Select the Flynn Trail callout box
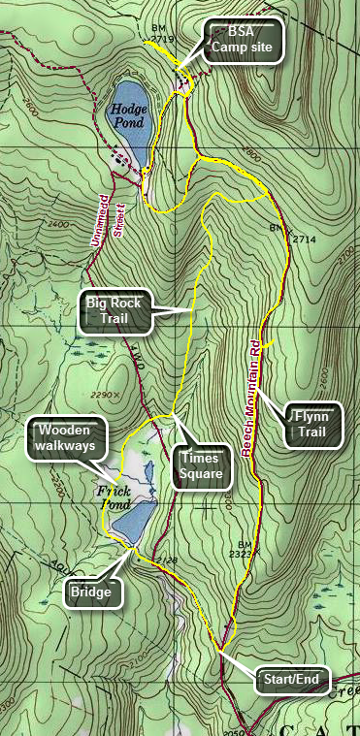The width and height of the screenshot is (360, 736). tap(311, 425)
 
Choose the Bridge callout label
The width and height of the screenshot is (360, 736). tap(94, 592)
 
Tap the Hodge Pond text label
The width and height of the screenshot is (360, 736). tap(127, 116)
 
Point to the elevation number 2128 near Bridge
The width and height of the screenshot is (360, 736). tap(166, 560)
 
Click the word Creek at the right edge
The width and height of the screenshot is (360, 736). tap(346, 689)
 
